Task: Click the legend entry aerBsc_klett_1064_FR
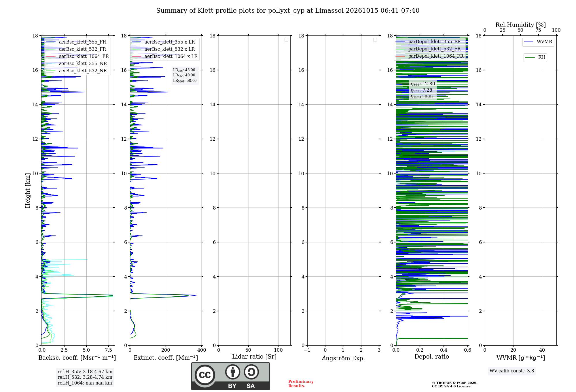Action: click(77, 56)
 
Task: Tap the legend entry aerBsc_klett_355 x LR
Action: click(163, 42)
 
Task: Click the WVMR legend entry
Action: click(538, 42)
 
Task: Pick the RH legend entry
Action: click(535, 57)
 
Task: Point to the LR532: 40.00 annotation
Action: click(184, 75)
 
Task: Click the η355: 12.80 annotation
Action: click(423, 84)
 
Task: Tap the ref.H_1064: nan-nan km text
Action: click(85, 383)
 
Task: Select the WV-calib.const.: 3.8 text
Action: click(512, 371)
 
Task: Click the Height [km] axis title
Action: click(28, 191)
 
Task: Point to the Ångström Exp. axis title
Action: click(343, 358)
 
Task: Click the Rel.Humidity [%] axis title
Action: click(521, 25)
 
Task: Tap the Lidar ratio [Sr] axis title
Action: click(254, 357)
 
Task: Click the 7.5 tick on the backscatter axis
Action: click(109, 350)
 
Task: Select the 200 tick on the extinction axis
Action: click(166, 350)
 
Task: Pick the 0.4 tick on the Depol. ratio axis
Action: click(444, 350)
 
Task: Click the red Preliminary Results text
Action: click(301, 384)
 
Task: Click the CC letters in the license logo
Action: click(205, 375)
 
